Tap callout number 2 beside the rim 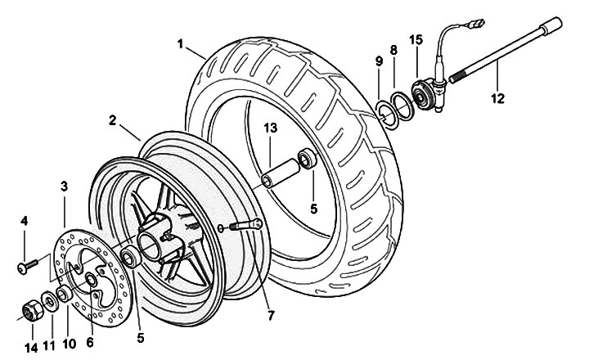(x=112, y=120)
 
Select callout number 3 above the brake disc (x=64, y=187)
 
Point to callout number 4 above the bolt (x=25, y=221)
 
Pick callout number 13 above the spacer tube (x=270, y=128)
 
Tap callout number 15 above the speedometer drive (x=416, y=38)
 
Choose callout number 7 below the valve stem (x=270, y=314)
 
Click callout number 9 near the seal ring (x=379, y=61)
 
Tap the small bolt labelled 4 (x=27, y=263)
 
